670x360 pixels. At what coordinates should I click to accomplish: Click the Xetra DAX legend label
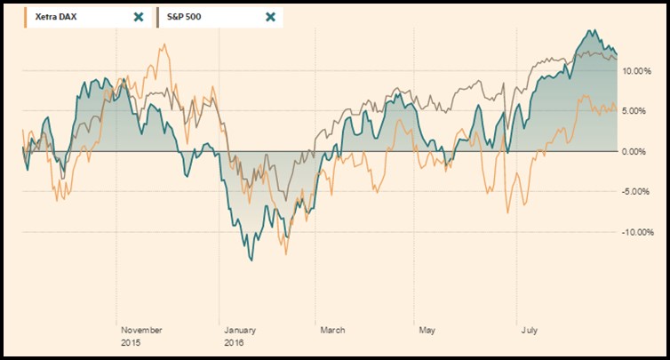click(59, 17)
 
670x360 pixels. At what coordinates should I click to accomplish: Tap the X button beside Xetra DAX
click(138, 17)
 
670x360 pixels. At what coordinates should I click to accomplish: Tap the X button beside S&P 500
click(270, 17)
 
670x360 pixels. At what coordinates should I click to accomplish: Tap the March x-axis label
click(332, 330)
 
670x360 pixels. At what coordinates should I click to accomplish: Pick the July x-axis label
click(529, 330)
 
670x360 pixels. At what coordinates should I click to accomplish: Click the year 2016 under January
click(234, 342)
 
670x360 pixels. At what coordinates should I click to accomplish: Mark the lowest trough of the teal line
click(251, 260)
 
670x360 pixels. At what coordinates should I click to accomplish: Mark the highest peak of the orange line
click(165, 45)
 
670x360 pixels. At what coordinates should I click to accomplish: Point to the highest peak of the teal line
click(590, 30)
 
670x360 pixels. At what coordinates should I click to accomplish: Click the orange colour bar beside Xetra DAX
click(25, 17)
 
